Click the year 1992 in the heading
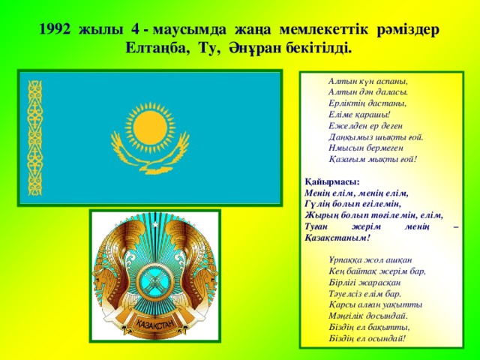click(x=55, y=30)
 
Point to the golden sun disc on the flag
click(x=150, y=127)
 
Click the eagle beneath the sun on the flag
click(x=150, y=152)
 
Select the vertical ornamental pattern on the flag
click(x=35, y=138)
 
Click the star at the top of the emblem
click(x=155, y=225)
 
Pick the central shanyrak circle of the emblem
click(x=155, y=281)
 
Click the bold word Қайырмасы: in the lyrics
click(x=332, y=181)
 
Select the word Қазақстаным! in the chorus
click(x=337, y=238)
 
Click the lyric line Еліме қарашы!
click(x=360, y=115)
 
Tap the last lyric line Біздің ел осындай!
click(x=367, y=338)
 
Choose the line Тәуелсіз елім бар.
click(x=365, y=294)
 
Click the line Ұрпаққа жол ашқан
click(x=370, y=260)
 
